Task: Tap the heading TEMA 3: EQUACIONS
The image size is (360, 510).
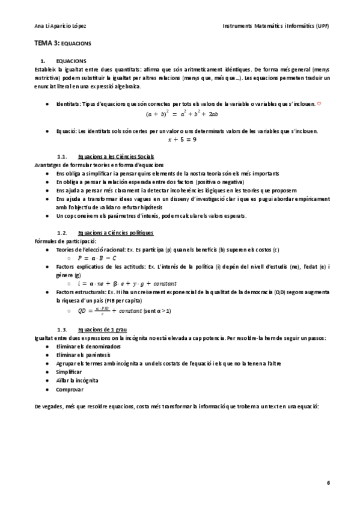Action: click(62, 44)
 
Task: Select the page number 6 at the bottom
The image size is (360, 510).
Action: click(328, 482)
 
